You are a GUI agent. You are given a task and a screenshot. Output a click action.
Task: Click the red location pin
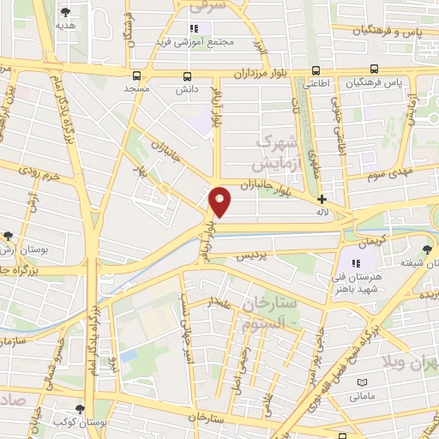pos(220,200)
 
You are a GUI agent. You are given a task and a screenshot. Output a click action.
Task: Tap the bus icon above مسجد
pos(136,75)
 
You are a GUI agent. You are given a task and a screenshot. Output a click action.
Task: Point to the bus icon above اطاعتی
pos(316,71)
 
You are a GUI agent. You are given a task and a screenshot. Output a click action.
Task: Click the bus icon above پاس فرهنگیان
pos(375,70)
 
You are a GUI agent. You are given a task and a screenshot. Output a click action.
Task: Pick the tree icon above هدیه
pos(66,12)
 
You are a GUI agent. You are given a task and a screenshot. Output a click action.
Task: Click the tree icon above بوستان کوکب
pos(80,409)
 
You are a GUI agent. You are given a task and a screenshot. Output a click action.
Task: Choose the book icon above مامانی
pos(362,382)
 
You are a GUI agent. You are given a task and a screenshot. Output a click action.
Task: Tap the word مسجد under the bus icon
pos(136,88)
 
